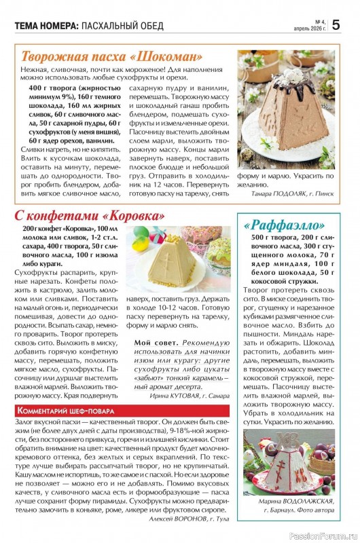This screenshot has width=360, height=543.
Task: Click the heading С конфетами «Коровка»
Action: (x=90, y=215)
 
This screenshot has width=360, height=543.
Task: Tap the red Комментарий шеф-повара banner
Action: (x=66, y=411)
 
